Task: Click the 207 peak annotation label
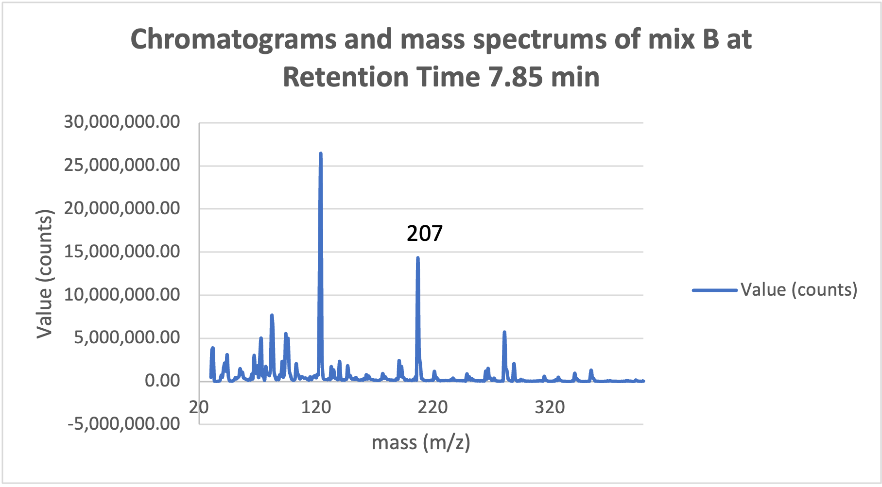click(x=424, y=234)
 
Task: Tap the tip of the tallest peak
click(x=320, y=154)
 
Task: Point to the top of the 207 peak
click(x=417, y=258)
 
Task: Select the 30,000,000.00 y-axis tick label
click(x=122, y=122)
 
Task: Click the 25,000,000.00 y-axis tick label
click(x=122, y=165)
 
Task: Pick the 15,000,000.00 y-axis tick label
click(x=122, y=252)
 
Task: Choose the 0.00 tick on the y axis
click(x=162, y=381)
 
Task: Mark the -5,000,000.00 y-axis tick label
click(x=123, y=424)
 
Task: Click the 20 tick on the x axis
click(x=199, y=407)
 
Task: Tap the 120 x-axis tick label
click(x=316, y=407)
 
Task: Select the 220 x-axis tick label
click(x=432, y=407)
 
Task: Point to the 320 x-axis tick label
click(x=550, y=407)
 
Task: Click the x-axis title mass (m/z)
click(x=421, y=443)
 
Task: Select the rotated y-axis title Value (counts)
click(x=44, y=274)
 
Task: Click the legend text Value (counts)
click(x=799, y=290)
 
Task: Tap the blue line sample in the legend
click(x=714, y=290)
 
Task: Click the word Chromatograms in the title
click(x=233, y=39)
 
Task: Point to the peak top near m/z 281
click(x=504, y=332)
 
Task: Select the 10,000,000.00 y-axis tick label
click(x=122, y=295)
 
